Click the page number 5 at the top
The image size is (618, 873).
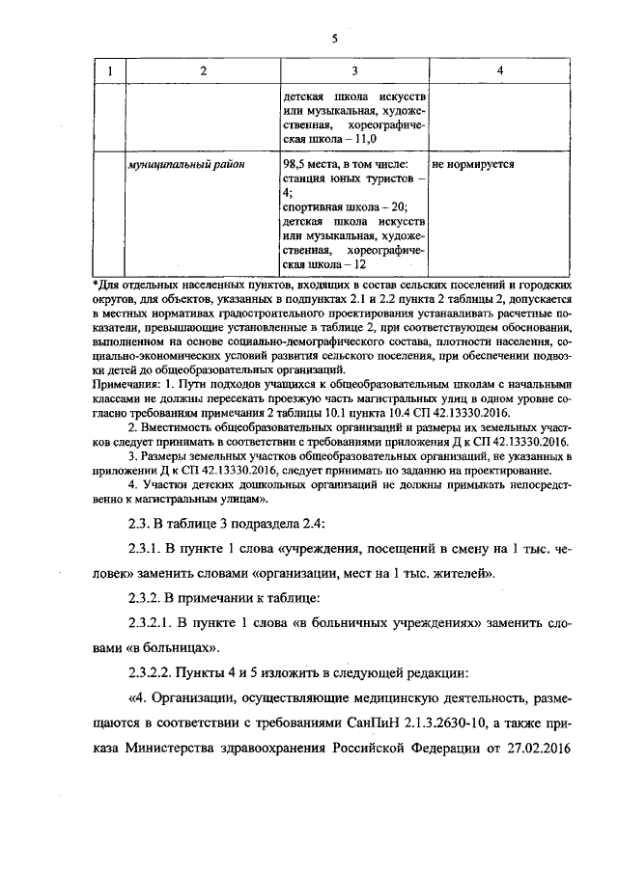pyautogui.click(x=334, y=40)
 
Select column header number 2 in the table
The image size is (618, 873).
pyautogui.click(x=203, y=71)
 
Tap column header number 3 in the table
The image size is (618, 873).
pyautogui.click(x=354, y=71)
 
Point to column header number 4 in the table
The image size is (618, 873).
pyautogui.click(x=499, y=71)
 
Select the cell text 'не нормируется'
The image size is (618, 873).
pyautogui.click(x=473, y=164)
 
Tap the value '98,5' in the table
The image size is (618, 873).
pyautogui.click(x=295, y=164)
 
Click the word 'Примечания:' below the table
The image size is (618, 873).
pyautogui.click(x=125, y=381)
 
